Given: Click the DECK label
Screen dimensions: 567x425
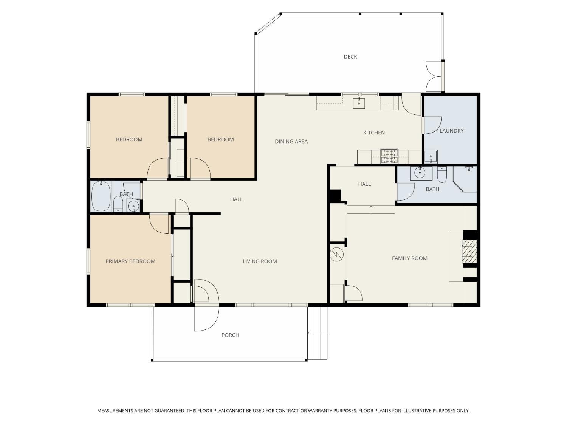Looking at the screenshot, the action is pyautogui.click(x=350, y=57).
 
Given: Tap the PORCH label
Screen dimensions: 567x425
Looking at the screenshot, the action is pyautogui.click(x=230, y=335).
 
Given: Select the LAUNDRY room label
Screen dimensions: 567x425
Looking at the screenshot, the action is pyautogui.click(x=451, y=131).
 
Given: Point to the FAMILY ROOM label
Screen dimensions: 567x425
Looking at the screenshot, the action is pyautogui.click(x=409, y=258).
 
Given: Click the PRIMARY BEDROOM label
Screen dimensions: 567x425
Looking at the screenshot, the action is pyautogui.click(x=130, y=261).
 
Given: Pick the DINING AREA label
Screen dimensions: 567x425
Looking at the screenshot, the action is pyautogui.click(x=291, y=141).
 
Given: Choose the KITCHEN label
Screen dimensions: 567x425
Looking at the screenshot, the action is pyautogui.click(x=374, y=133).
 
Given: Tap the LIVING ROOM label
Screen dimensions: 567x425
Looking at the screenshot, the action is pyautogui.click(x=260, y=261).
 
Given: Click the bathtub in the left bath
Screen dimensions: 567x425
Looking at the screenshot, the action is pyautogui.click(x=101, y=196).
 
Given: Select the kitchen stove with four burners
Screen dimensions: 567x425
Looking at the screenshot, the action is pyautogui.click(x=389, y=156).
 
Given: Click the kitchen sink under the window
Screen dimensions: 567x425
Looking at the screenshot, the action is pyautogui.click(x=359, y=103).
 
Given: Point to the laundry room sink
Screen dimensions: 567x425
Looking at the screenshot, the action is pyautogui.click(x=431, y=157).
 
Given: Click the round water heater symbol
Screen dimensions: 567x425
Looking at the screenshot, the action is pyautogui.click(x=336, y=254).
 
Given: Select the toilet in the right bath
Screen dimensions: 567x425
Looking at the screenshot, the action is pyautogui.click(x=442, y=175).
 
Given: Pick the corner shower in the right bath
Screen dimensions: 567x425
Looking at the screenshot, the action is pyautogui.click(x=465, y=179).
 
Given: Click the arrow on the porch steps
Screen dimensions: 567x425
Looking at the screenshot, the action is pyautogui.click(x=317, y=333).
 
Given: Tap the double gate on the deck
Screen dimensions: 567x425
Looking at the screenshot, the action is pyautogui.click(x=434, y=76).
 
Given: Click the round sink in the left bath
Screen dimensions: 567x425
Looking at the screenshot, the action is pyautogui.click(x=133, y=206).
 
